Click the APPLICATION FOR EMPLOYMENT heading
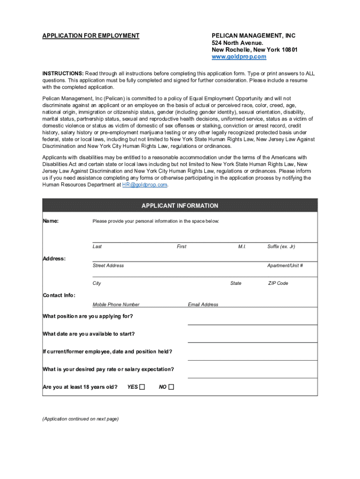(91, 36)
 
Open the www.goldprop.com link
(239, 57)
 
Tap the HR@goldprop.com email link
(144, 185)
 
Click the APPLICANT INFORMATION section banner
(180, 206)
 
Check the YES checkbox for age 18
(143, 387)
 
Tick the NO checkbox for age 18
(171, 387)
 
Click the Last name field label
(97, 247)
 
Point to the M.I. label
(242, 247)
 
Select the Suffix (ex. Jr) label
(281, 247)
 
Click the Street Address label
(108, 265)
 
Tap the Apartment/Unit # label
(285, 265)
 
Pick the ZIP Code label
(278, 283)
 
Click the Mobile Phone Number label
(116, 305)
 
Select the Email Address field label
(203, 305)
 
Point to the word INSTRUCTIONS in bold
(63, 73)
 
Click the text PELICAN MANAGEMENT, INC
(253, 36)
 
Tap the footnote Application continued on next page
(80, 419)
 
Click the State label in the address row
(236, 283)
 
